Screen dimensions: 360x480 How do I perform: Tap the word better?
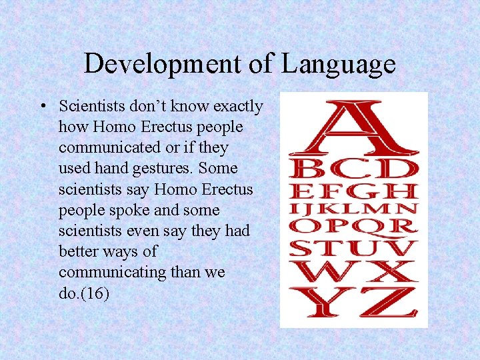click(80, 251)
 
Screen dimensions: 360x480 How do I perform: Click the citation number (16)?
click(95, 293)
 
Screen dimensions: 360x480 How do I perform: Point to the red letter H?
click(403, 191)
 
